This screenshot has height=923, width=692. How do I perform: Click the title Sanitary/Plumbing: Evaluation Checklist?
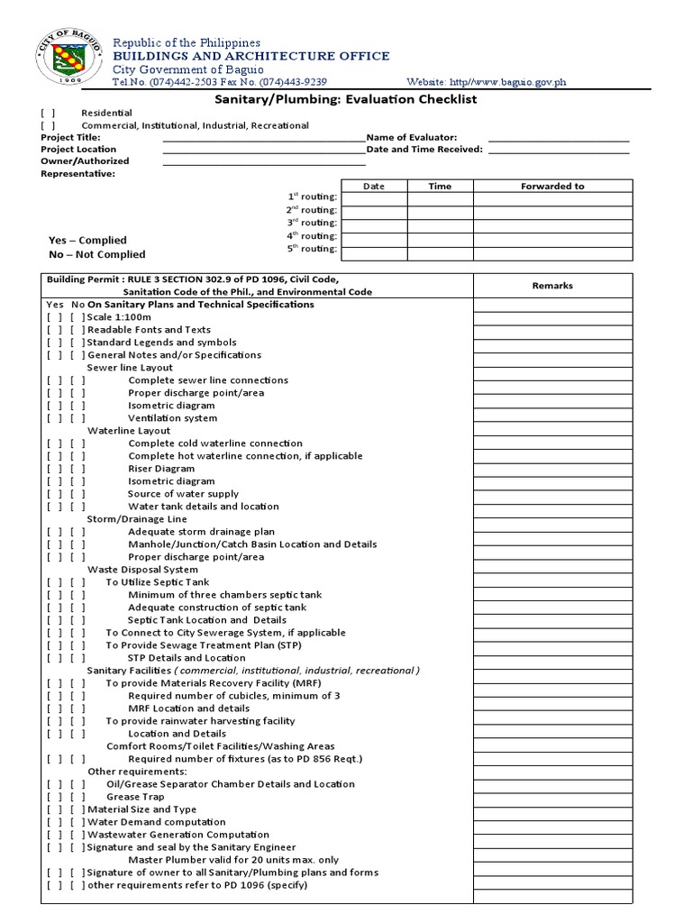click(345, 99)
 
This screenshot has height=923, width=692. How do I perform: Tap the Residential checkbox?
click(48, 114)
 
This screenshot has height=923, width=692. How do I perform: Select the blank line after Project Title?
click(264, 138)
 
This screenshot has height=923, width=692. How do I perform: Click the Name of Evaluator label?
click(412, 137)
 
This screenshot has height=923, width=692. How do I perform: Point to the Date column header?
click(373, 187)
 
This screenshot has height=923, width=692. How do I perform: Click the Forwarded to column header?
click(552, 187)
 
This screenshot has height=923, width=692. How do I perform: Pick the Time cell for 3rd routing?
click(440, 226)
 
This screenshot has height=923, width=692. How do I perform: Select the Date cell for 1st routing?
click(373, 199)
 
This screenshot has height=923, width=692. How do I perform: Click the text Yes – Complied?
click(87, 241)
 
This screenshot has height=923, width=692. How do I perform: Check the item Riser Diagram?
click(160, 469)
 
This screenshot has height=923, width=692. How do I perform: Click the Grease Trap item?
click(135, 797)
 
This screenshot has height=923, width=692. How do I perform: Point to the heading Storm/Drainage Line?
click(137, 519)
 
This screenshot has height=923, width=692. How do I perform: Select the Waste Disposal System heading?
click(142, 570)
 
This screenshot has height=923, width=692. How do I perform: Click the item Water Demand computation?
click(156, 822)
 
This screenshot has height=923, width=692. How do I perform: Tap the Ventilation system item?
click(172, 418)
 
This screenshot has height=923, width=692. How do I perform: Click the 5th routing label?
click(312, 249)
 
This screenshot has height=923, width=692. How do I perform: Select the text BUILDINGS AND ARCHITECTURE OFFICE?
click(250, 56)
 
